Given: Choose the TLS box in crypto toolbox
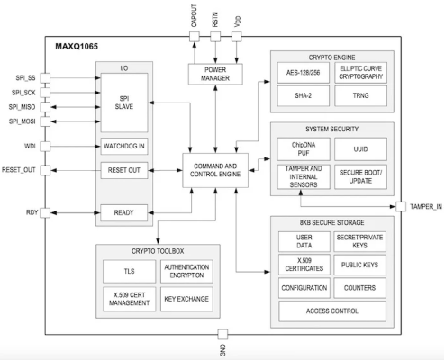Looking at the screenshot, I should [x=127, y=269].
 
